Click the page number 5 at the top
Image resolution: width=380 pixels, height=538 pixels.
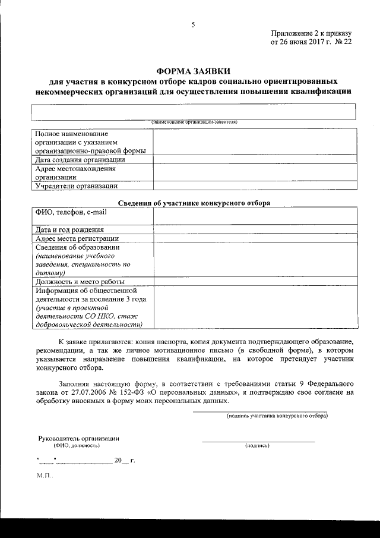coord(193,24)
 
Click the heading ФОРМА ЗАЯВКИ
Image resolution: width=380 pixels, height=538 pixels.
coord(193,70)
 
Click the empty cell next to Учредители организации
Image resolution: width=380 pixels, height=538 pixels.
coord(255,185)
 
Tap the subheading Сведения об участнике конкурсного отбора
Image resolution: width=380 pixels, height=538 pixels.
coord(194,203)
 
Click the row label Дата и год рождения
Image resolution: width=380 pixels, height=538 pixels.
coord(70,229)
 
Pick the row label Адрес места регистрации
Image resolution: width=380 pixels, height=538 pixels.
coord(77,238)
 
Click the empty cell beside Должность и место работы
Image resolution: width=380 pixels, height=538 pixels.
coord(255,281)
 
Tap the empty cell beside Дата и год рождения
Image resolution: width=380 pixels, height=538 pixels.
coord(255,229)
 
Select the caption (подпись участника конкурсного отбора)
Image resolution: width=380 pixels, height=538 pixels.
coord(277,416)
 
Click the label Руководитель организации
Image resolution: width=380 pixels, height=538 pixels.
coord(79,438)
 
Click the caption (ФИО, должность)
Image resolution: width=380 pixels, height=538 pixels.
coord(77,445)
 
